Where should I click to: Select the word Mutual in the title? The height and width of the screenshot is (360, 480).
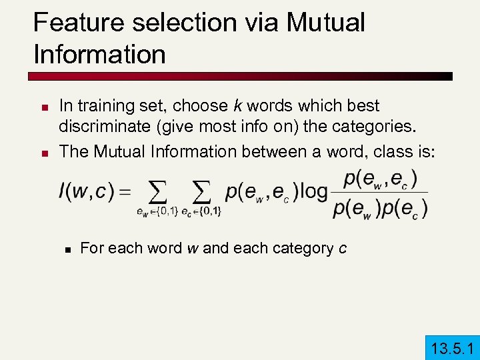(x=326, y=23)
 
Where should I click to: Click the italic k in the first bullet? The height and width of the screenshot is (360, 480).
(x=237, y=106)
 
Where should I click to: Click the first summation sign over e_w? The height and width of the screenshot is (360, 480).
(x=157, y=193)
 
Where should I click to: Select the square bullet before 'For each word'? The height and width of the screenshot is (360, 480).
(x=67, y=249)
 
